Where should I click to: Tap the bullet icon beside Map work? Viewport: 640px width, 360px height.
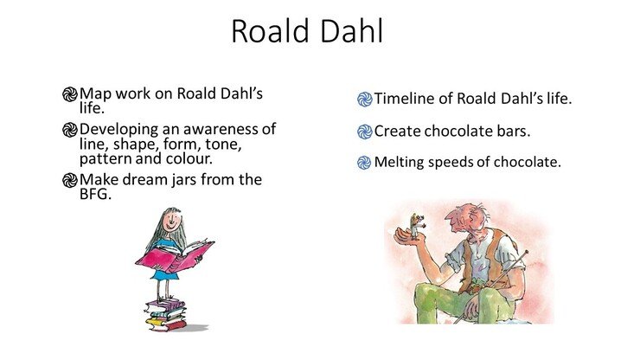(x=70, y=94)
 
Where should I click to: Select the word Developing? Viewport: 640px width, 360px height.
(x=118, y=130)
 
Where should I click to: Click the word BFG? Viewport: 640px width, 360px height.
(x=95, y=194)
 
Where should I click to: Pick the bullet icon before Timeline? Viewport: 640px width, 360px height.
(x=365, y=100)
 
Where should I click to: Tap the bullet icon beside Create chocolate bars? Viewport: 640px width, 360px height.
(x=364, y=132)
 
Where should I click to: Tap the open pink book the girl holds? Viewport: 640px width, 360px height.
(x=175, y=257)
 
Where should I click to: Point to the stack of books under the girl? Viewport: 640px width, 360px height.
(x=166, y=315)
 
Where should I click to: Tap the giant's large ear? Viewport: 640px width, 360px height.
(x=473, y=222)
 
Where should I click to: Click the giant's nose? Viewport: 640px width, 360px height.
(x=451, y=216)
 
